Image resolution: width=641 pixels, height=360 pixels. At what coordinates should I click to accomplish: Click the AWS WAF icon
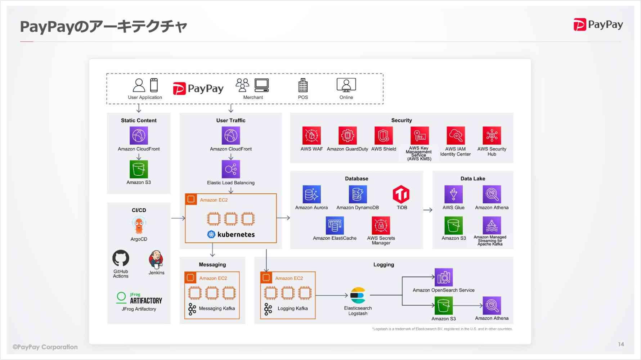pyautogui.click(x=311, y=136)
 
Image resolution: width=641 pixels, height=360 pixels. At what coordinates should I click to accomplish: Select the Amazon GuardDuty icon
pyautogui.click(x=348, y=136)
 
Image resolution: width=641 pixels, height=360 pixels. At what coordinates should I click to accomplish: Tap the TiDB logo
pyautogui.click(x=401, y=194)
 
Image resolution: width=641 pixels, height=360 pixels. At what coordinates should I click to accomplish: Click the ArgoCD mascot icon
pyautogui.click(x=139, y=226)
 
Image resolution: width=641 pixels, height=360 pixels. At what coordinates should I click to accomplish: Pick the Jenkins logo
pyautogui.click(x=156, y=259)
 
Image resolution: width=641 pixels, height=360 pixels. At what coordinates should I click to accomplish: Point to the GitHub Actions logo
pyautogui.click(x=121, y=258)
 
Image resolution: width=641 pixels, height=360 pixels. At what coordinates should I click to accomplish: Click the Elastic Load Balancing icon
pyautogui.click(x=231, y=169)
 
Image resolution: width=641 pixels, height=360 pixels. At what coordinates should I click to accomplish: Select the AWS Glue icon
pyautogui.click(x=453, y=194)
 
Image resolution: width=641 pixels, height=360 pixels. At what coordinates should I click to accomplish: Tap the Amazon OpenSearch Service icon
pyautogui.click(x=444, y=278)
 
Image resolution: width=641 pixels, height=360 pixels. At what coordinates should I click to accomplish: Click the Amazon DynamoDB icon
pyautogui.click(x=358, y=194)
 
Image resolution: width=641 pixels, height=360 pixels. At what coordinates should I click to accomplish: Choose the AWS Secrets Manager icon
pyautogui.click(x=381, y=226)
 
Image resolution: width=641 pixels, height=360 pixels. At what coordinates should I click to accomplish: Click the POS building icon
pyautogui.click(x=303, y=86)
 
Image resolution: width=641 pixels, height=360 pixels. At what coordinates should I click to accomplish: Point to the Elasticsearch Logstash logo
pyautogui.click(x=358, y=296)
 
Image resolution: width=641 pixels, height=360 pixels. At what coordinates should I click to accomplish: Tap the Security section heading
pyautogui.click(x=402, y=120)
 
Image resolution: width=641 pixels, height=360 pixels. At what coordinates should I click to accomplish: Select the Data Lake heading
pyautogui.click(x=472, y=179)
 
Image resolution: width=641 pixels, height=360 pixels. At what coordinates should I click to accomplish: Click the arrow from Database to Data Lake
pyautogui.click(x=428, y=210)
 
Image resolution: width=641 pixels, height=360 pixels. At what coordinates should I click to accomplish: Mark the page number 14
pyautogui.click(x=621, y=344)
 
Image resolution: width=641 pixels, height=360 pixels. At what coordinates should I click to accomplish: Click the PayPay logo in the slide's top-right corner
pyautogui.click(x=598, y=24)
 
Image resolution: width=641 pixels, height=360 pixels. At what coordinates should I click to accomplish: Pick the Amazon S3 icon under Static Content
pyautogui.click(x=139, y=169)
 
